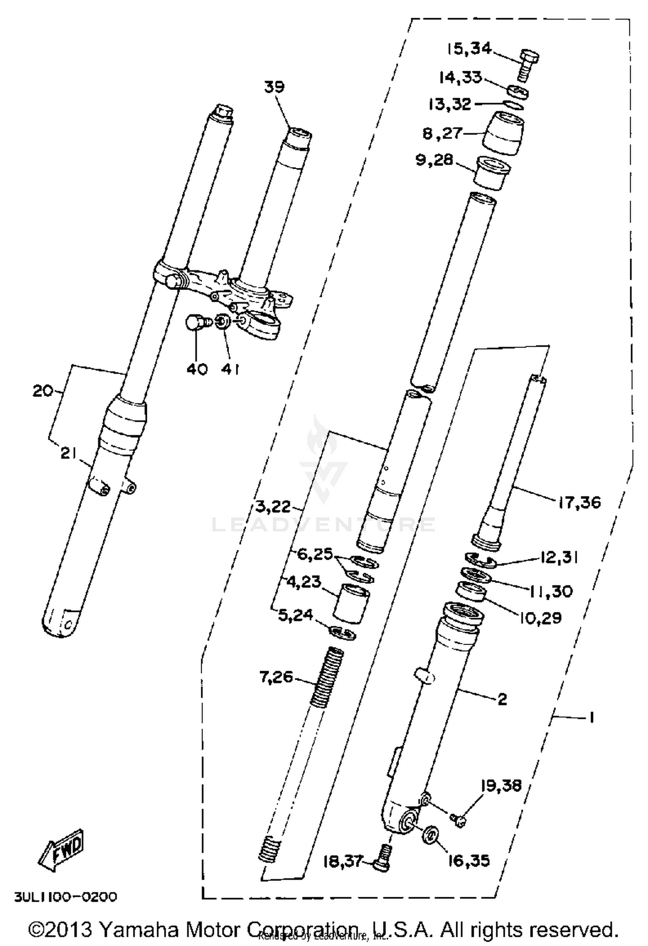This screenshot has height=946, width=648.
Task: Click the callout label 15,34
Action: coord(469,49)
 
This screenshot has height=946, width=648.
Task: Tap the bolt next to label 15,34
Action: coord(527,64)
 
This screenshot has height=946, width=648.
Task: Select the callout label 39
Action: coord(274,87)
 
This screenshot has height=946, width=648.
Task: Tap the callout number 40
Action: coord(197,369)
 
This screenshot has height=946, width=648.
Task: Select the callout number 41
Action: coord(230,369)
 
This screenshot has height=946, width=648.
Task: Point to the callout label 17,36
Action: coord(579,502)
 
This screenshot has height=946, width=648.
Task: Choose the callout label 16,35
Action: coord(469,861)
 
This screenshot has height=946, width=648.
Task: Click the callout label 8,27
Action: coord(442,133)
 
